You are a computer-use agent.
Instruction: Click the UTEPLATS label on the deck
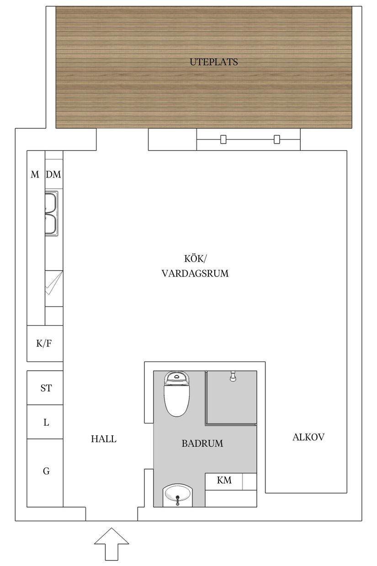coord(214,62)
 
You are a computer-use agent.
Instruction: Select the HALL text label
coord(104,439)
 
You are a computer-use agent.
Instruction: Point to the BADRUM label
coord(202,443)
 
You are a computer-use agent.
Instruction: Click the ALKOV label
coord(308,437)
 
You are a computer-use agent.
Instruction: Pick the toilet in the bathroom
coord(176,394)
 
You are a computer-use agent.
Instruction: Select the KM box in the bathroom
coord(224,481)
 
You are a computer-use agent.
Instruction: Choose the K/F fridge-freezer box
coord(44,343)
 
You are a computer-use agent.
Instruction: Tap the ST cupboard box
coord(46,388)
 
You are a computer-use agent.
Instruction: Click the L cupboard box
coord(46,422)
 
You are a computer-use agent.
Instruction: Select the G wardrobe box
coord(46,471)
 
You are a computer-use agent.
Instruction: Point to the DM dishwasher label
coord(54,175)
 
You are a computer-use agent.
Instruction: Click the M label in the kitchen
coord(35,175)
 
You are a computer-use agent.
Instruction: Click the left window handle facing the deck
coord(223,139)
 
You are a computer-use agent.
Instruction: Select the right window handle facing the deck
coord(276,139)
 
